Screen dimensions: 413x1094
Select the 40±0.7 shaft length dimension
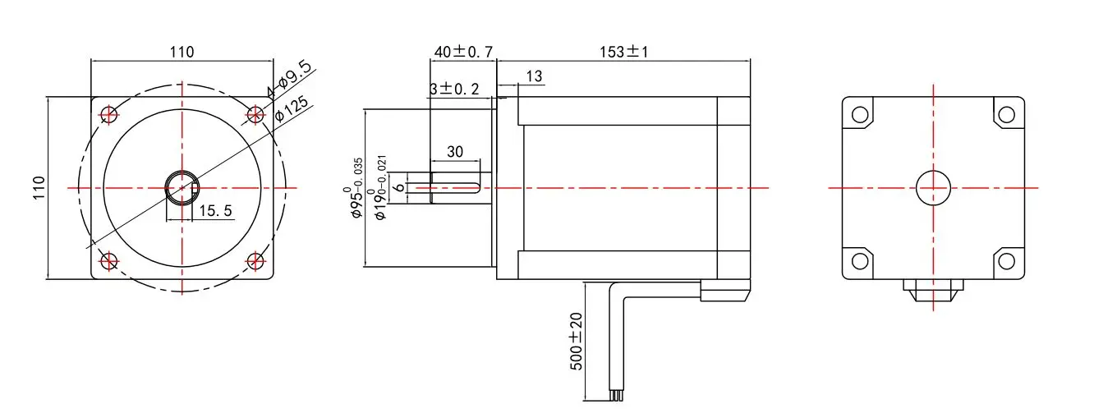pyautogui.click(x=463, y=52)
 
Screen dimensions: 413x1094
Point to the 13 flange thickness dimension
pyautogui.click(x=534, y=76)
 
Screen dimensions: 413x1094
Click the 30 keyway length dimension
pyautogui.click(x=455, y=152)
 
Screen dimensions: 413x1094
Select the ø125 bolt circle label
pyautogui.click(x=291, y=109)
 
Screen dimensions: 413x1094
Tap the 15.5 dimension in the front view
pyautogui.click(x=215, y=211)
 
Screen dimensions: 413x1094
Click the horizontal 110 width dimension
pyautogui.click(x=182, y=52)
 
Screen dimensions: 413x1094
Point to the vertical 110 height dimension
pyautogui.click(x=37, y=188)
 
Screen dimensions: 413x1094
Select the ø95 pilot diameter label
pyautogui.click(x=356, y=187)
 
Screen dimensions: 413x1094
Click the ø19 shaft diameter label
pyautogui.click(x=379, y=189)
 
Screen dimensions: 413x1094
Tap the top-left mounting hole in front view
pyautogui.click(x=108, y=114)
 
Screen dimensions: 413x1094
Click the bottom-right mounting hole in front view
pyautogui.click(x=256, y=262)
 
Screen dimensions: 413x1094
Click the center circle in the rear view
pyautogui.click(x=933, y=188)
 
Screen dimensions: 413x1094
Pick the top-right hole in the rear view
pyautogui.click(x=1006, y=114)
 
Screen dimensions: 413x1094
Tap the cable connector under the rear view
pyautogui.click(x=933, y=290)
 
